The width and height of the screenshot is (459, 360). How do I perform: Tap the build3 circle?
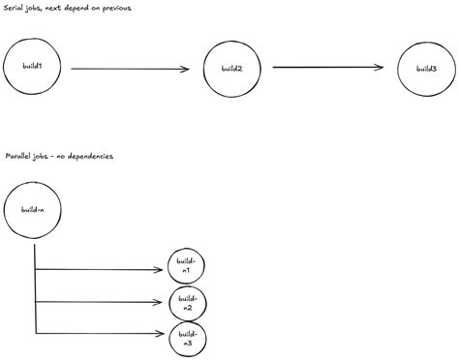pos(426,69)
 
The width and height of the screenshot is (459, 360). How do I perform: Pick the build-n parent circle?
pos(33,209)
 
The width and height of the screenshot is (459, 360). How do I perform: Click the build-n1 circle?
pos(187,266)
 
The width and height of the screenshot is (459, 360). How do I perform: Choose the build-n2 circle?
pos(187,303)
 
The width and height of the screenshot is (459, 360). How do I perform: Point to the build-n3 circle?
pos(187,339)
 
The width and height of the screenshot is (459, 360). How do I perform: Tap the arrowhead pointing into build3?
pos(380,68)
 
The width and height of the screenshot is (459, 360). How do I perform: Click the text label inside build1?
pos(31,66)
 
